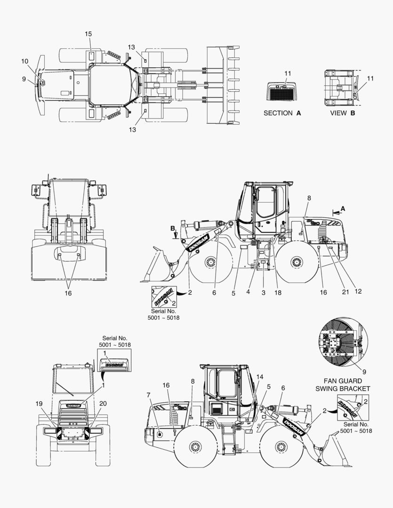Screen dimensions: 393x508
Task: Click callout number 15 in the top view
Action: coord(88,34)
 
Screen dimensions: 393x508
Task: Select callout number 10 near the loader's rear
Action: coord(25,61)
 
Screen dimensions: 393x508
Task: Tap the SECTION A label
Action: coord(282,113)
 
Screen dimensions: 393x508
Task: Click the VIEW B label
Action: coord(343,113)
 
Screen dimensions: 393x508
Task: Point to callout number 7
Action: coord(149,395)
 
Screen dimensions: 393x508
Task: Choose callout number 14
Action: coord(260,377)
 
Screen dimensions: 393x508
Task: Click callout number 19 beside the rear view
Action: coord(39,404)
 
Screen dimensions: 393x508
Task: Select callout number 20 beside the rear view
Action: coord(103,404)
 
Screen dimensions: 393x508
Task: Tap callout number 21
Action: coord(345,292)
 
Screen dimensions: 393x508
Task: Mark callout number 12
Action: coord(358,291)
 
